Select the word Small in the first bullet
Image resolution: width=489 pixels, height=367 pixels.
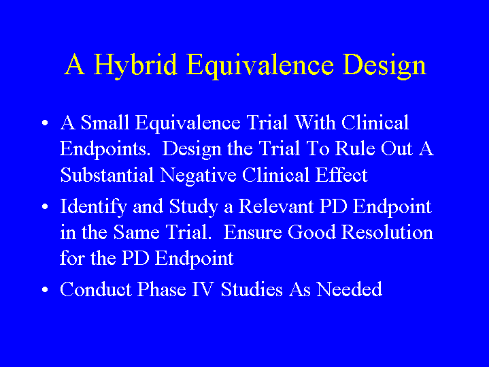[105, 122]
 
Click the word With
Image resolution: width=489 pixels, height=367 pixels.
[316, 122]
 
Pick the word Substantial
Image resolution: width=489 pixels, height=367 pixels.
[107, 174]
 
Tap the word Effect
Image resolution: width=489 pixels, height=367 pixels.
[341, 174]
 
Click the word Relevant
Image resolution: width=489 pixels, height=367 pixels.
[276, 206]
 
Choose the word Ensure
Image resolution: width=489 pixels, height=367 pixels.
[252, 232]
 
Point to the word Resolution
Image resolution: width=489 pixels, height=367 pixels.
[387, 232]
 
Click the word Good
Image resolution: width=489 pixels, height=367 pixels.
[311, 232]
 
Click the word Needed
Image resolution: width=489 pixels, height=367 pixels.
[350, 289]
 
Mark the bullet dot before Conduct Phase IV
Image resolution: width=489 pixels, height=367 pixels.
[45, 289]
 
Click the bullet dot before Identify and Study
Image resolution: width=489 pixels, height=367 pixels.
[45, 207]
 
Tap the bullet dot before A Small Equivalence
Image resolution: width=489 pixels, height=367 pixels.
[45, 123]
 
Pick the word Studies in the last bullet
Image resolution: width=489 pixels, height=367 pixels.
[252, 289]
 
